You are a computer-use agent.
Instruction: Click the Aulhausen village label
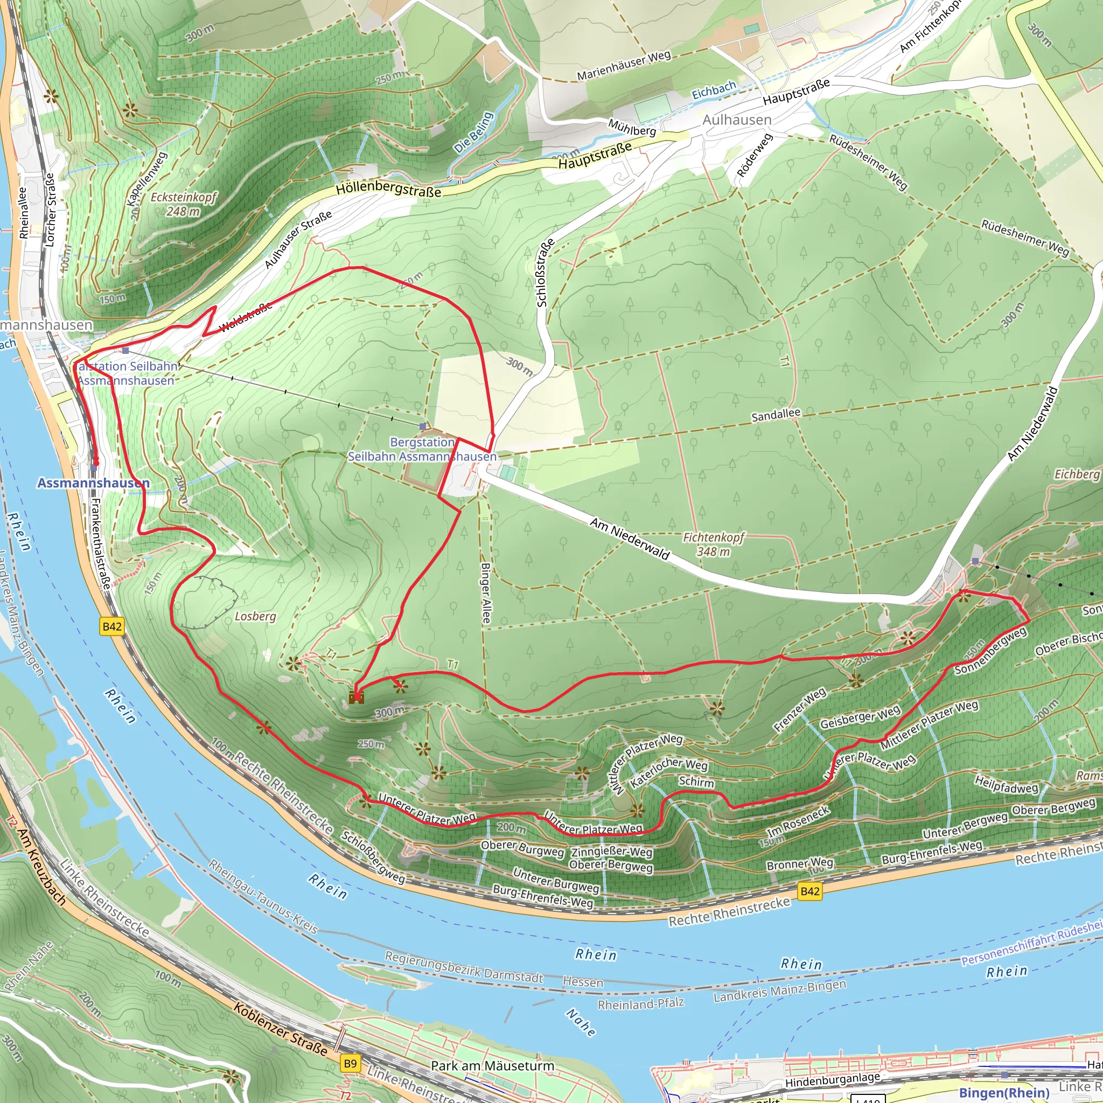tap(736, 120)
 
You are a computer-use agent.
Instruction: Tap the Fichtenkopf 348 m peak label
tap(713, 544)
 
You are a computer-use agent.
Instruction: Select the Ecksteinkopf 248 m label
tap(183, 204)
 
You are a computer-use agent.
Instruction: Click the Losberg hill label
tap(255, 616)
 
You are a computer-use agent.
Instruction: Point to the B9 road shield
tap(350, 1063)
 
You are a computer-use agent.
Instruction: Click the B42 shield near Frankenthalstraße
tap(112, 626)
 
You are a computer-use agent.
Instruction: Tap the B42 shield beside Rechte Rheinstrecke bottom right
tap(810, 891)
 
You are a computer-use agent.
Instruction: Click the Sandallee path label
tap(776, 415)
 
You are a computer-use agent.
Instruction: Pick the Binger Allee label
tap(485, 593)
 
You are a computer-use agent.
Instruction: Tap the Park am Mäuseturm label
tap(492, 1065)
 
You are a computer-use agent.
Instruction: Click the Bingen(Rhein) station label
tap(1004, 1092)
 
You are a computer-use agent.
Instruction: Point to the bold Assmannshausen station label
tap(94, 483)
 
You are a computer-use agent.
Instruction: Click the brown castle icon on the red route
tap(356, 697)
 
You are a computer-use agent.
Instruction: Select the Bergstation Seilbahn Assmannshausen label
tap(422, 449)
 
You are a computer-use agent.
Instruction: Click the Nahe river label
tap(581, 1021)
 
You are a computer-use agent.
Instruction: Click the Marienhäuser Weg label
tap(624, 66)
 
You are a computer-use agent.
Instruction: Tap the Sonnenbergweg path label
tap(990, 650)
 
